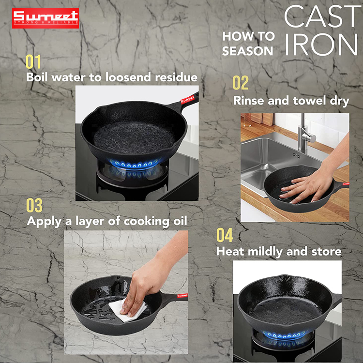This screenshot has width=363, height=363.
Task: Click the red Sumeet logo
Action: [x=45, y=18]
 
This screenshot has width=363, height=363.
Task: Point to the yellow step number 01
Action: [x=33, y=61]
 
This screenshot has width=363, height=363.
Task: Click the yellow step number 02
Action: [x=241, y=83]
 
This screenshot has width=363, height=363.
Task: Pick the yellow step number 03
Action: [x=34, y=205]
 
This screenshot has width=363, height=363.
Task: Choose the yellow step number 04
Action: [x=225, y=235]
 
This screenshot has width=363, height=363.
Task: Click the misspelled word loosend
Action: [x=128, y=77]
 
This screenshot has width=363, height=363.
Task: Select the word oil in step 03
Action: [x=180, y=221]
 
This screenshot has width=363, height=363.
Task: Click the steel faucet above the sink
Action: [x=305, y=133]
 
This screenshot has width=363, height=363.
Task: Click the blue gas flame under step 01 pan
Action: [x=134, y=164]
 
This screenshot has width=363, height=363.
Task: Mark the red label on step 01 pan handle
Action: [x=188, y=99]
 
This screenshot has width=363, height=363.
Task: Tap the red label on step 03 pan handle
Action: [x=182, y=296]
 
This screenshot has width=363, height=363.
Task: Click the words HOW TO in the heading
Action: [x=248, y=36]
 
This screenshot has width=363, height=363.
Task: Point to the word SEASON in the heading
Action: [x=247, y=51]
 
